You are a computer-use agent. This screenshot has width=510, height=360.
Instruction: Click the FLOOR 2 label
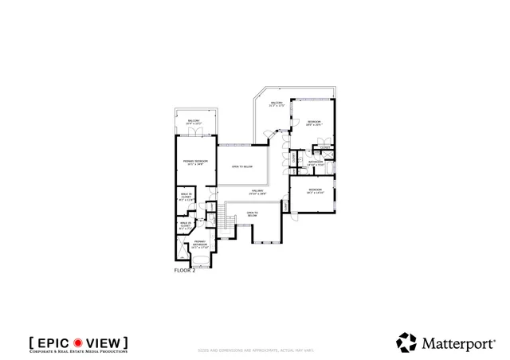click(184, 271)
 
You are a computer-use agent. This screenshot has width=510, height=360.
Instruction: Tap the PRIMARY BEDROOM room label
click(195, 162)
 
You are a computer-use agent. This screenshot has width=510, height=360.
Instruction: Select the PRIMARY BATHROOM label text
click(200, 244)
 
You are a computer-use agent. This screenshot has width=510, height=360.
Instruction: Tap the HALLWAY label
click(257, 192)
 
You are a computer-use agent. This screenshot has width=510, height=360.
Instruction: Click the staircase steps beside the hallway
click(231, 225)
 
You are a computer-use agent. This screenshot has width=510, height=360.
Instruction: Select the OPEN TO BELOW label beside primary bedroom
click(241, 166)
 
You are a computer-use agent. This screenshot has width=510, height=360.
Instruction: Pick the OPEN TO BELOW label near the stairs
click(253, 213)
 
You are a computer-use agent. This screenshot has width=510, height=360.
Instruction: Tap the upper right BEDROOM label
click(313, 122)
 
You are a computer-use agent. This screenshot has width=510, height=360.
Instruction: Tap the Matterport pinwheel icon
click(407, 342)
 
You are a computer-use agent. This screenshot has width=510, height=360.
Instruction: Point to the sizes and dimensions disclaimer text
click(254, 351)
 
